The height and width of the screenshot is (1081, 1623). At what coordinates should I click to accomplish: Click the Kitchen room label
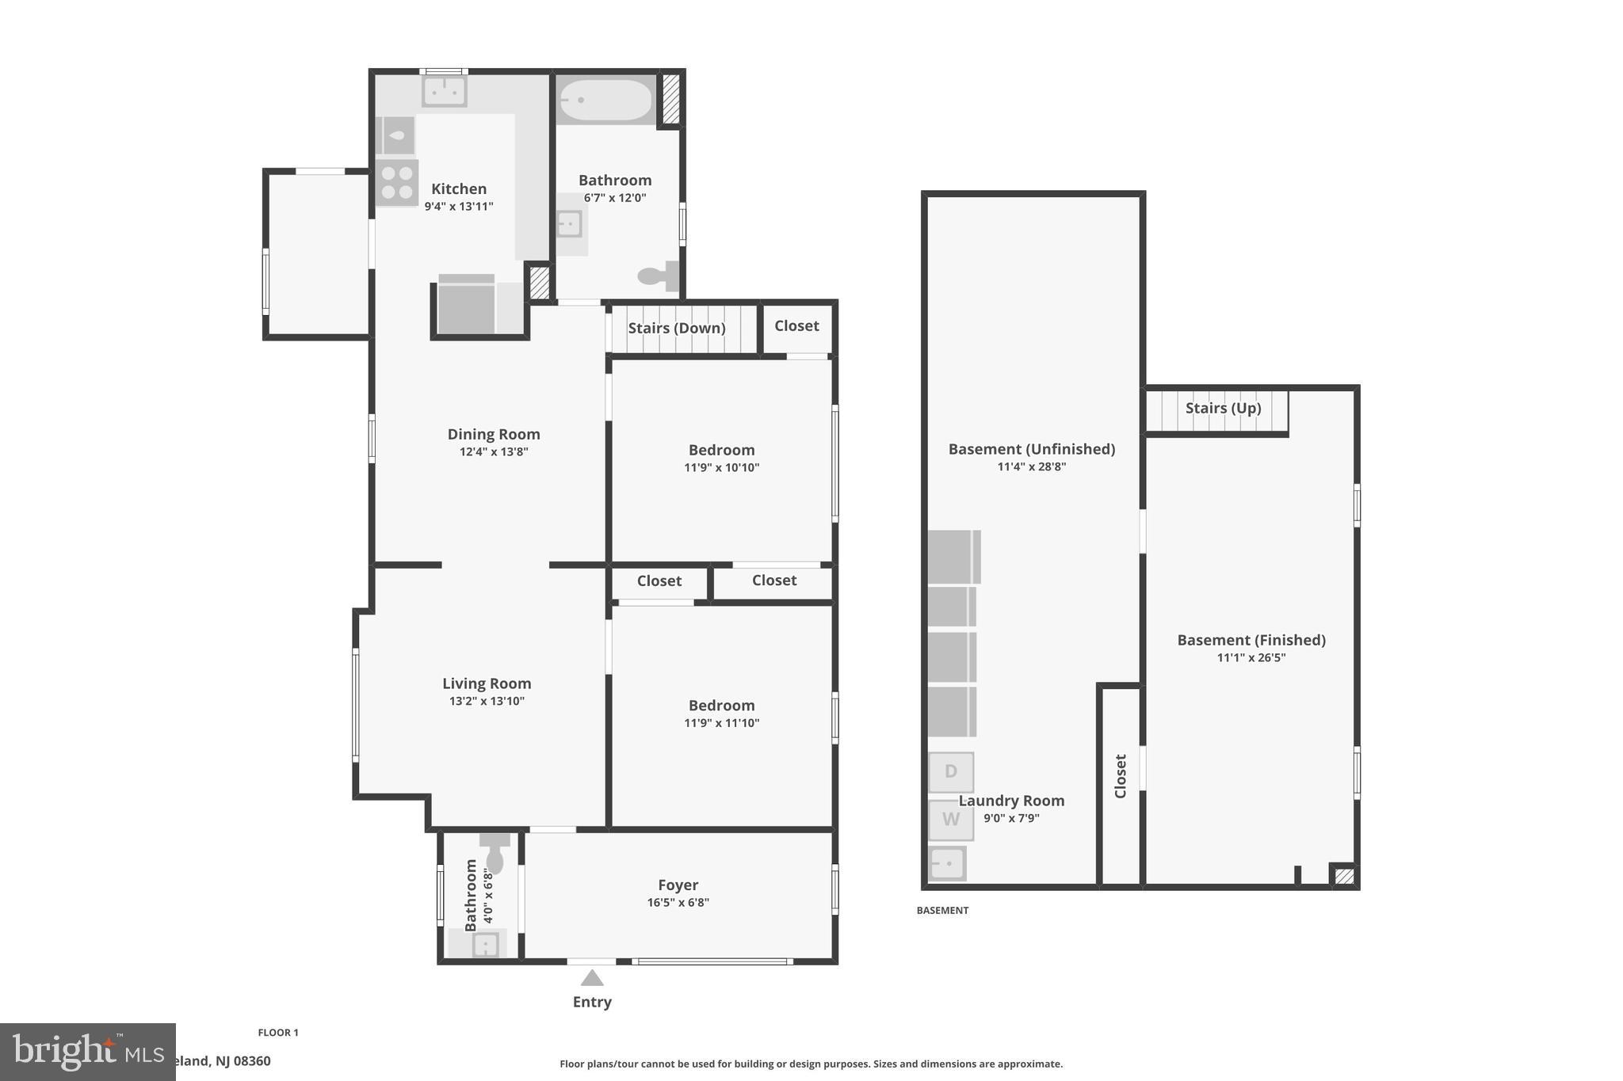point(458,188)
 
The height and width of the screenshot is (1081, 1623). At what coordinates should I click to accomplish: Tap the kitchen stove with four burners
point(396,182)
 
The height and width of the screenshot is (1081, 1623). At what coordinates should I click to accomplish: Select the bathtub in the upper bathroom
point(605,101)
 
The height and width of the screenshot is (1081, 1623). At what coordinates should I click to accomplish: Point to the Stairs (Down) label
point(676,328)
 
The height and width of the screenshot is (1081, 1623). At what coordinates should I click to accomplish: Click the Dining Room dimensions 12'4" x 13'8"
point(493,452)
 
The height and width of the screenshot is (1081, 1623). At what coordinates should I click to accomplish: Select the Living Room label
point(486,683)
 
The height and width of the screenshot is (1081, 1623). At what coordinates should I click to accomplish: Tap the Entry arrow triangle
point(592,978)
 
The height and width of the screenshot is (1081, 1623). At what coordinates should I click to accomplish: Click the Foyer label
point(678,885)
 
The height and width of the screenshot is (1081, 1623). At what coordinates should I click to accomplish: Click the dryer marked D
point(950,771)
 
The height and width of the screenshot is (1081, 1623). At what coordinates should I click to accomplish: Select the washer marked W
point(950,820)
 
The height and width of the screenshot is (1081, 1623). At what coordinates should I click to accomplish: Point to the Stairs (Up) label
point(1223,408)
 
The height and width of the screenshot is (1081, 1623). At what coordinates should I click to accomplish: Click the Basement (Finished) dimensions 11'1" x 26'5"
point(1251,657)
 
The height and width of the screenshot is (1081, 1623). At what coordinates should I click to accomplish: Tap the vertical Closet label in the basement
point(1120,776)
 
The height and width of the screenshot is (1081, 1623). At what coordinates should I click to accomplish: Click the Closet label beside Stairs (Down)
point(796,325)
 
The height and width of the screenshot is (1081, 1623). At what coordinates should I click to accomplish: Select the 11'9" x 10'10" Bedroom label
point(721,450)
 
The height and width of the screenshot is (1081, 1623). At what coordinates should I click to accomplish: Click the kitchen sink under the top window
point(444,91)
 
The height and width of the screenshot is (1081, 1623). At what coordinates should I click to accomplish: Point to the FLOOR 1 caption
point(277,1032)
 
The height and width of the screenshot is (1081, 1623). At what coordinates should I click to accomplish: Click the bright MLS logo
point(87,1052)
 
